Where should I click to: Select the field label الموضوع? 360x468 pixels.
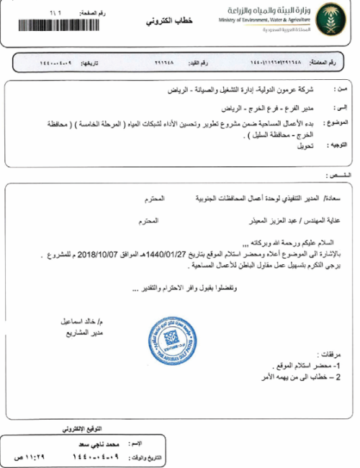[335, 122]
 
